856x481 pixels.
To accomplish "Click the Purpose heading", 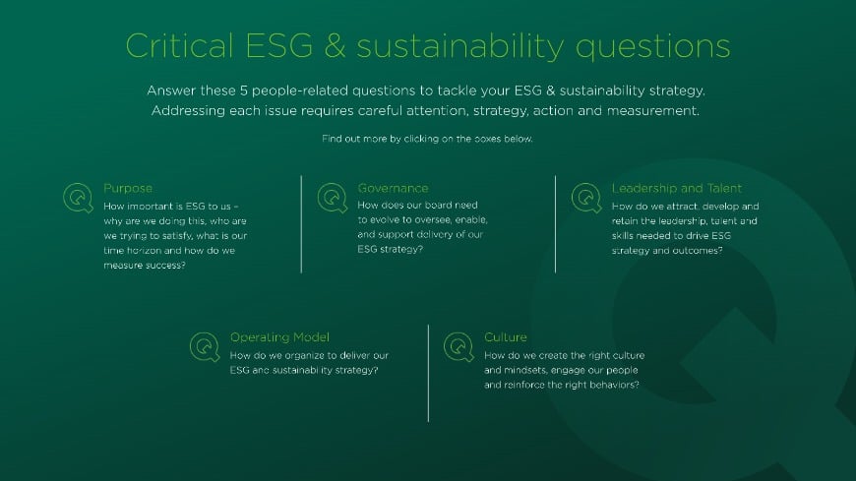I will (128, 188).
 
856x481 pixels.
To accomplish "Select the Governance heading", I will (393, 188).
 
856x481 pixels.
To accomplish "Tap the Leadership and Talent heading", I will (676, 188).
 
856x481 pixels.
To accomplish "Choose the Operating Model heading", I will (279, 336).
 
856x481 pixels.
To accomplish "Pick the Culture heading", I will (506, 336).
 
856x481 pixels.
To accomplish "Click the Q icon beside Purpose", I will (78, 198).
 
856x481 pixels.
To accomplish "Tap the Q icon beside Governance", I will (333, 198).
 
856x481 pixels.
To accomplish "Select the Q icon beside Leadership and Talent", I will (586, 198).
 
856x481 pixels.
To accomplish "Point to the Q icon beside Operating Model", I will (205, 346).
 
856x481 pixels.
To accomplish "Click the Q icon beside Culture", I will (459, 346).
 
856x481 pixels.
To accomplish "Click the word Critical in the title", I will (178, 46).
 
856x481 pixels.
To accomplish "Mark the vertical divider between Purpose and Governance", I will (301, 224).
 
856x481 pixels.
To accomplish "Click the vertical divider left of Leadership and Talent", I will (555, 224).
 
